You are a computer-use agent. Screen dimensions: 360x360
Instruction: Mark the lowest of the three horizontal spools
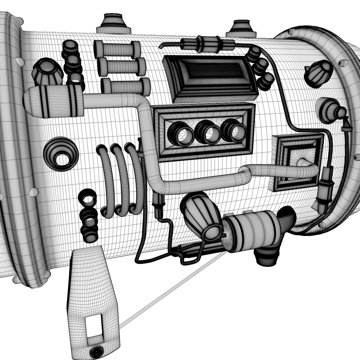(x=126, y=86)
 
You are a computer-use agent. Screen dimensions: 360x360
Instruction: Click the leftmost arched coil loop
(x=106, y=182)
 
